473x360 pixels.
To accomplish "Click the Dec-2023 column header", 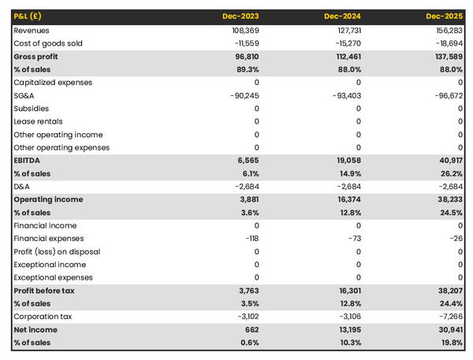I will [240, 16].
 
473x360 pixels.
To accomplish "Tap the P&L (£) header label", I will [28, 16].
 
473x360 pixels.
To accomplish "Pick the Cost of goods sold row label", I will [48, 43].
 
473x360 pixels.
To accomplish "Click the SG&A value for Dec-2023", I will [241, 95].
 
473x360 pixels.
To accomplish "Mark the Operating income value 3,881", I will [247, 199].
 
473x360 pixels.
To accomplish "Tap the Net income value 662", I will [250, 329].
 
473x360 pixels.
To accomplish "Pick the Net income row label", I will [35, 329].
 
